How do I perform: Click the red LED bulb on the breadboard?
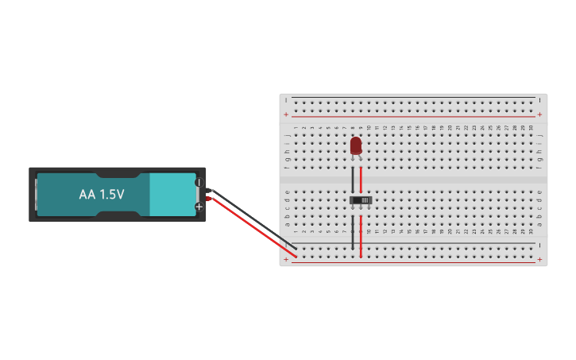click(x=356, y=145)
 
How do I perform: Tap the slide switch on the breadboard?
click(x=361, y=199)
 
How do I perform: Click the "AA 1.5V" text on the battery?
click(x=102, y=194)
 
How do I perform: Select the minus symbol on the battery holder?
click(x=199, y=183)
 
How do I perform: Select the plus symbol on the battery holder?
click(x=199, y=206)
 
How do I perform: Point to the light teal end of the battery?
click(x=172, y=194)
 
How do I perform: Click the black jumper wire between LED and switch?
click(x=353, y=178)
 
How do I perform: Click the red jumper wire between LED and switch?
click(x=361, y=178)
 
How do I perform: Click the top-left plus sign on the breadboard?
click(x=286, y=114)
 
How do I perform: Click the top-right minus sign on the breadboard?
click(x=539, y=100)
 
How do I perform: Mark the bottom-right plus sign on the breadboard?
click(x=539, y=260)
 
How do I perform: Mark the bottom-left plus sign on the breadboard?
click(x=286, y=260)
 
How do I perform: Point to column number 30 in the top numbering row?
click(x=531, y=127)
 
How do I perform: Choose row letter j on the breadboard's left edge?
click(x=287, y=135)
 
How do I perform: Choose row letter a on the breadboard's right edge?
click(x=539, y=223)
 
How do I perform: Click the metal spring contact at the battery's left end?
click(x=36, y=194)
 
